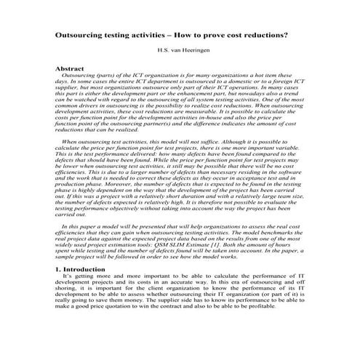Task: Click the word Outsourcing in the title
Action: pyautogui.click(x=81, y=34)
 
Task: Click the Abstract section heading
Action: pyautogui.click(x=75, y=68)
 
